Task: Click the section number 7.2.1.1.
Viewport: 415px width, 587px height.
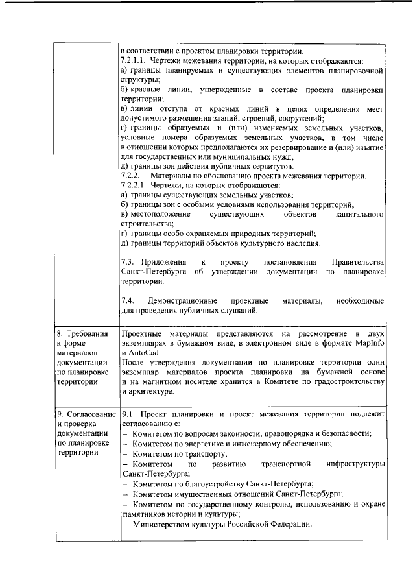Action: click(x=134, y=60)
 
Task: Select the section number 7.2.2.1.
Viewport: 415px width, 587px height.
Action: click(x=134, y=186)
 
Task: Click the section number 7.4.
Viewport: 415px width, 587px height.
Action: click(x=127, y=302)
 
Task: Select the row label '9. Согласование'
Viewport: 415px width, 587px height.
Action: click(x=85, y=413)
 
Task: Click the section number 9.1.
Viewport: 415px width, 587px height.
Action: click(x=128, y=413)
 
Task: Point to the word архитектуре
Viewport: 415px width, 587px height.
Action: click(x=158, y=391)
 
